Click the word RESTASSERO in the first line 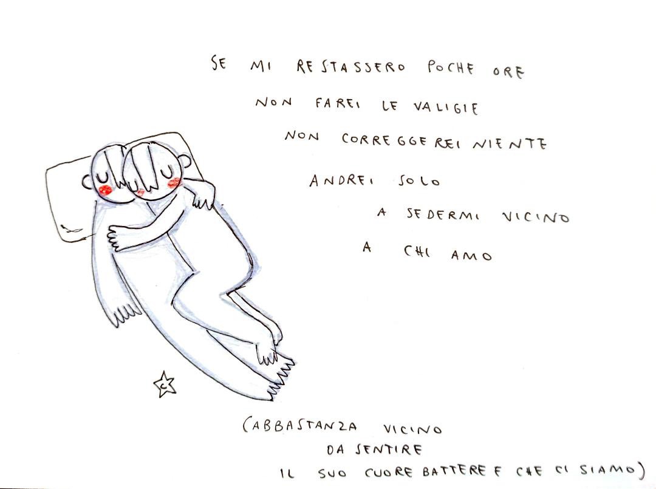(350, 67)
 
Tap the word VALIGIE (446, 108)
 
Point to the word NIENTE (509, 143)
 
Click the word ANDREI (342, 180)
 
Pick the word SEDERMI (443, 215)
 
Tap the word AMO (471, 255)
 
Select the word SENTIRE (388, 450)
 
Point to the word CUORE (389, 472)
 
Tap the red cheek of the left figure (105, 190)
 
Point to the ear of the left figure (87, 182)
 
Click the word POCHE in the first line (450, 68)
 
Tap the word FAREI (337, 103)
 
